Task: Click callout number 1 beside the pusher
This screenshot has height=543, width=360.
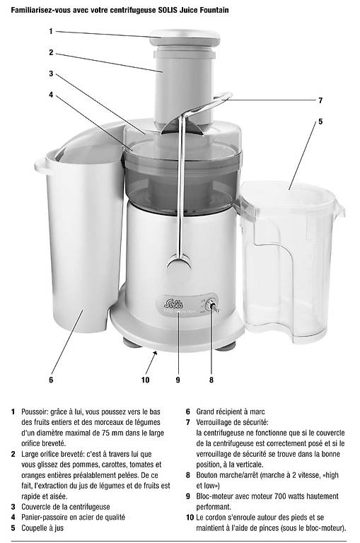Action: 51,31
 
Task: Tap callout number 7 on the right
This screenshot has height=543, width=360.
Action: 320,100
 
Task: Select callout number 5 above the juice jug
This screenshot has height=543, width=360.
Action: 320,122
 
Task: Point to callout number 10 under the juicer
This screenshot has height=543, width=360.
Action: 145,380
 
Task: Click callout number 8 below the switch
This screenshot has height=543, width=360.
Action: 211,380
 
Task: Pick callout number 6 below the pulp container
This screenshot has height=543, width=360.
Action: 51,380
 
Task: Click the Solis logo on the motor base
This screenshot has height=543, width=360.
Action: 173,305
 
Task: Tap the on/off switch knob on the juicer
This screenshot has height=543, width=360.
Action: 211,305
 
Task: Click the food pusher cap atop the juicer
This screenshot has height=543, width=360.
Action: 185,37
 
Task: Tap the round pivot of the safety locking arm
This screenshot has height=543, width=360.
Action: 179,266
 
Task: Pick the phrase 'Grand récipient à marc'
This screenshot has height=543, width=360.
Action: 231,411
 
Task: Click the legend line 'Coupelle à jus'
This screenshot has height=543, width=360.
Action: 42,528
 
